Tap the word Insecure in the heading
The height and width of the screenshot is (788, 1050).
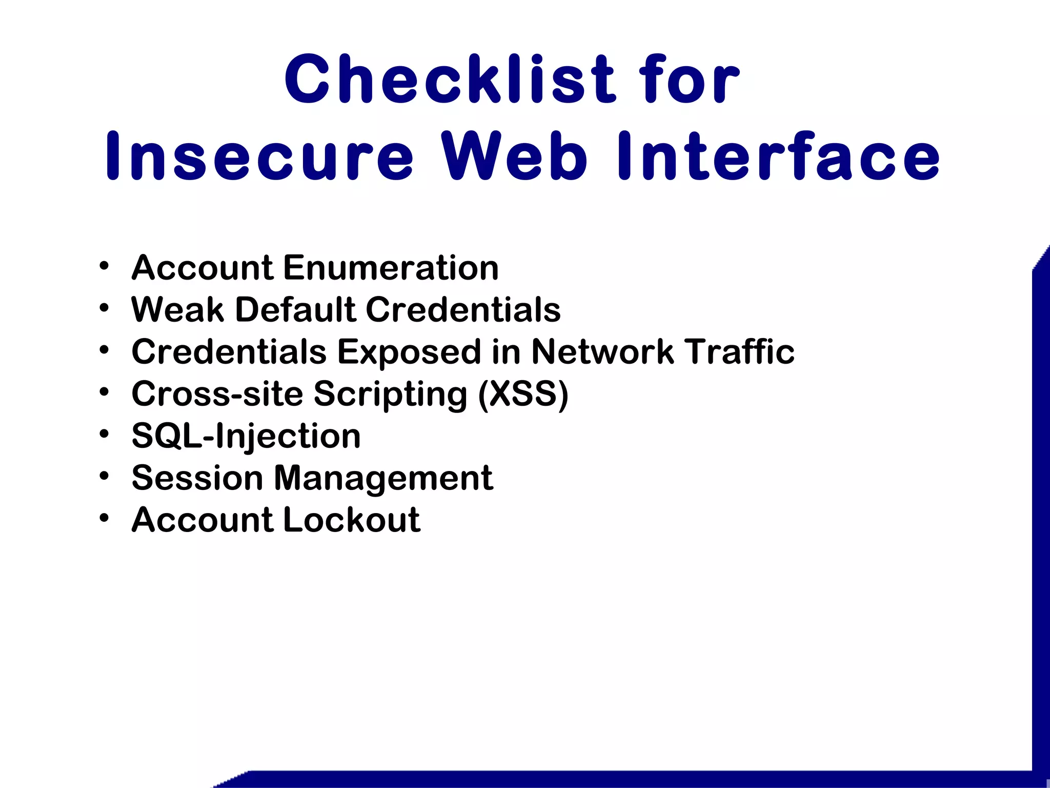(x=259, y=156)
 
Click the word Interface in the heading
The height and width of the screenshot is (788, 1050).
(x=778, y=156)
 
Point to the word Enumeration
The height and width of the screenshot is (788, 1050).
(x=391, y=268)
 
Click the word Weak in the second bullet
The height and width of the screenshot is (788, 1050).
(x=177, y=310)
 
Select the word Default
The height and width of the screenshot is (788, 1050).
(x=295, y=310)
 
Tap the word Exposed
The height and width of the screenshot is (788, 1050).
(x=409, y=353)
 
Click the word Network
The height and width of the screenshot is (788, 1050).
(x=602, y=352)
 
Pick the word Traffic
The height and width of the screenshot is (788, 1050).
(x=741, y=352)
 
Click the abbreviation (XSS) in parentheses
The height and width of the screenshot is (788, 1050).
(x=523, y=394)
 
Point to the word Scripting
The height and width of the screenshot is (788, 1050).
(x=390, y=395)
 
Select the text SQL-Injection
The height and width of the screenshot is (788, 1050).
(x=246, y=436)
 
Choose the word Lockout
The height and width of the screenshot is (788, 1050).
(x=352, y=520)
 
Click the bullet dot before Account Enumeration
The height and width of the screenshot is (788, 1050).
(x=105, y=266)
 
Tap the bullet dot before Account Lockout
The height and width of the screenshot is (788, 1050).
(x=105, y=518)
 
